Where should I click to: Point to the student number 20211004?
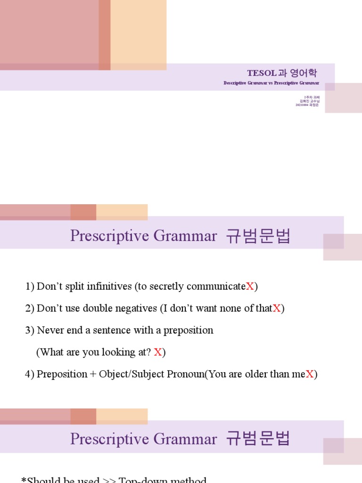point(302,105)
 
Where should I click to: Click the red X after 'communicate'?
point(250,286)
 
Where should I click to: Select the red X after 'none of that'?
point(277,308)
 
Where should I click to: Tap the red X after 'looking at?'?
point(158,352)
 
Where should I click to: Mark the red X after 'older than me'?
point(310,374)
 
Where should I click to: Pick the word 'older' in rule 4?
point(253,374)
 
